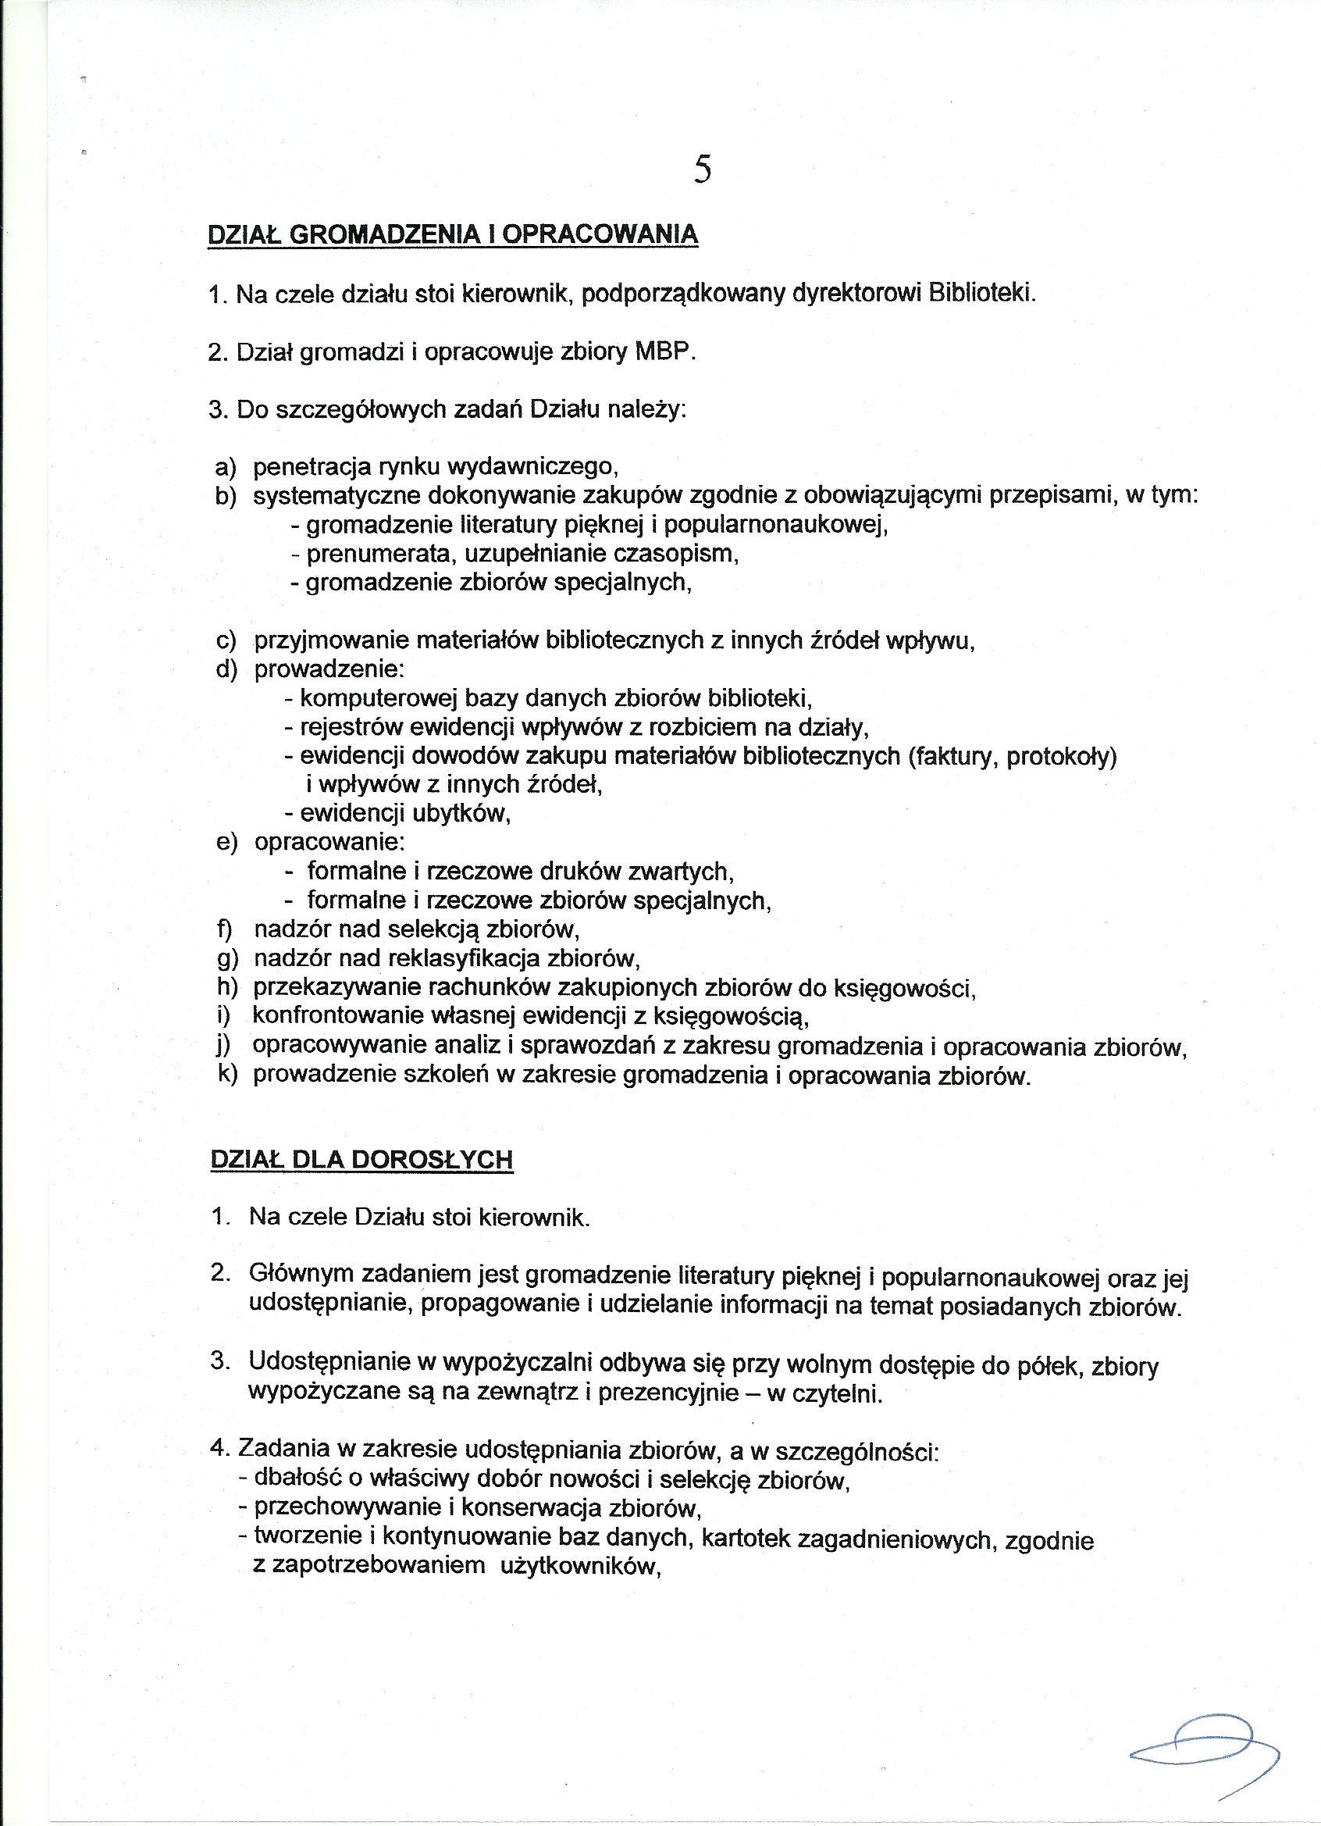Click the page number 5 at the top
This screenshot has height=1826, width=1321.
coord(702,169)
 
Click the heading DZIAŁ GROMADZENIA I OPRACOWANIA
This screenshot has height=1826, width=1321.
coord(452,234)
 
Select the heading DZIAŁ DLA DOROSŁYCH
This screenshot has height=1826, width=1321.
coord(361,1159)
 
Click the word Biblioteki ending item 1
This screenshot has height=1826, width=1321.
coord(981,292)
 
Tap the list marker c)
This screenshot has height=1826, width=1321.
coord(226,641)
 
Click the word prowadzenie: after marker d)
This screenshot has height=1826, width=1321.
coord(329,669)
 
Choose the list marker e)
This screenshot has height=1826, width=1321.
coord(227,843)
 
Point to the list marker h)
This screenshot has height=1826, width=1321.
coord(227,987)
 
